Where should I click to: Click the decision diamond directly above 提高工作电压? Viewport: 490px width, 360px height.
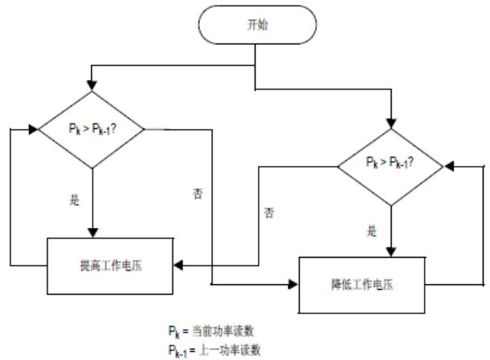pyautogui.click(x=93, y=127)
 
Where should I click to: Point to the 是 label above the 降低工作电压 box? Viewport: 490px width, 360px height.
pyautogui.click(x=372, y=232)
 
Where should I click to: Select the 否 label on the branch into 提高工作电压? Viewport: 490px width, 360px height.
pyautogui.click(x=269, y=213)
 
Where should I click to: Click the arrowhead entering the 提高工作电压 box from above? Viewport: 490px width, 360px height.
pyautogui.click(x=93, y=233)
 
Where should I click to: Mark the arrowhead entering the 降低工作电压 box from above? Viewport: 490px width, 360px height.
pyautogui.click(x=390, y=251)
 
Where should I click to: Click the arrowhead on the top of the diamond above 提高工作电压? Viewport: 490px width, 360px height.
pyautogui.click(x=93, y=85)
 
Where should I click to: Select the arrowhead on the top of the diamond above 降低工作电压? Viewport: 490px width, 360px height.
pyautogui.click(x=390, y=124)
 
